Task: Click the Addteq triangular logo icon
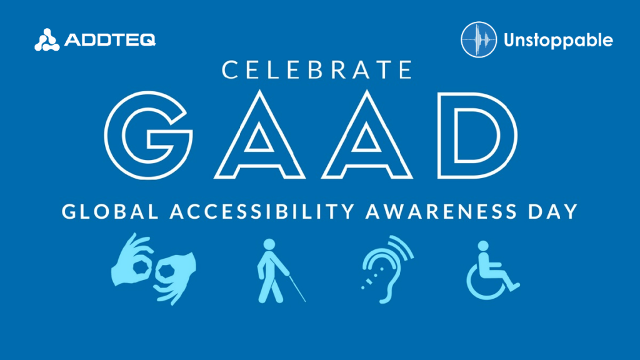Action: coord(46,40)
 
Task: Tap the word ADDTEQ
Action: coord(110,40)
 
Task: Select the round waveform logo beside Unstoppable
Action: coord(479,39)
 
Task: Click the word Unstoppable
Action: coord(558,41)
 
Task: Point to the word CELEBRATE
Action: coord(317,69)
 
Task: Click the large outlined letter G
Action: coord(149,135)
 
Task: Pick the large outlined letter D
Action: coord(477,136)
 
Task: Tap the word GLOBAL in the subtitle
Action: coord(110,211)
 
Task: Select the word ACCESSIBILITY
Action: coord(262,211)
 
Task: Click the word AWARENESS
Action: coord(442,211)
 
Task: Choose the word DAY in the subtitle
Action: coord(553,211)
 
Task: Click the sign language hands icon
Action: coord(154,269)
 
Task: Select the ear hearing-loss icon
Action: coord(387,269)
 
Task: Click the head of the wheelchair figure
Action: coord(483,246)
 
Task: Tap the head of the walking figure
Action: coord(269,244)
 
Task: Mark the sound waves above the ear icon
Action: coord(402,247)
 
